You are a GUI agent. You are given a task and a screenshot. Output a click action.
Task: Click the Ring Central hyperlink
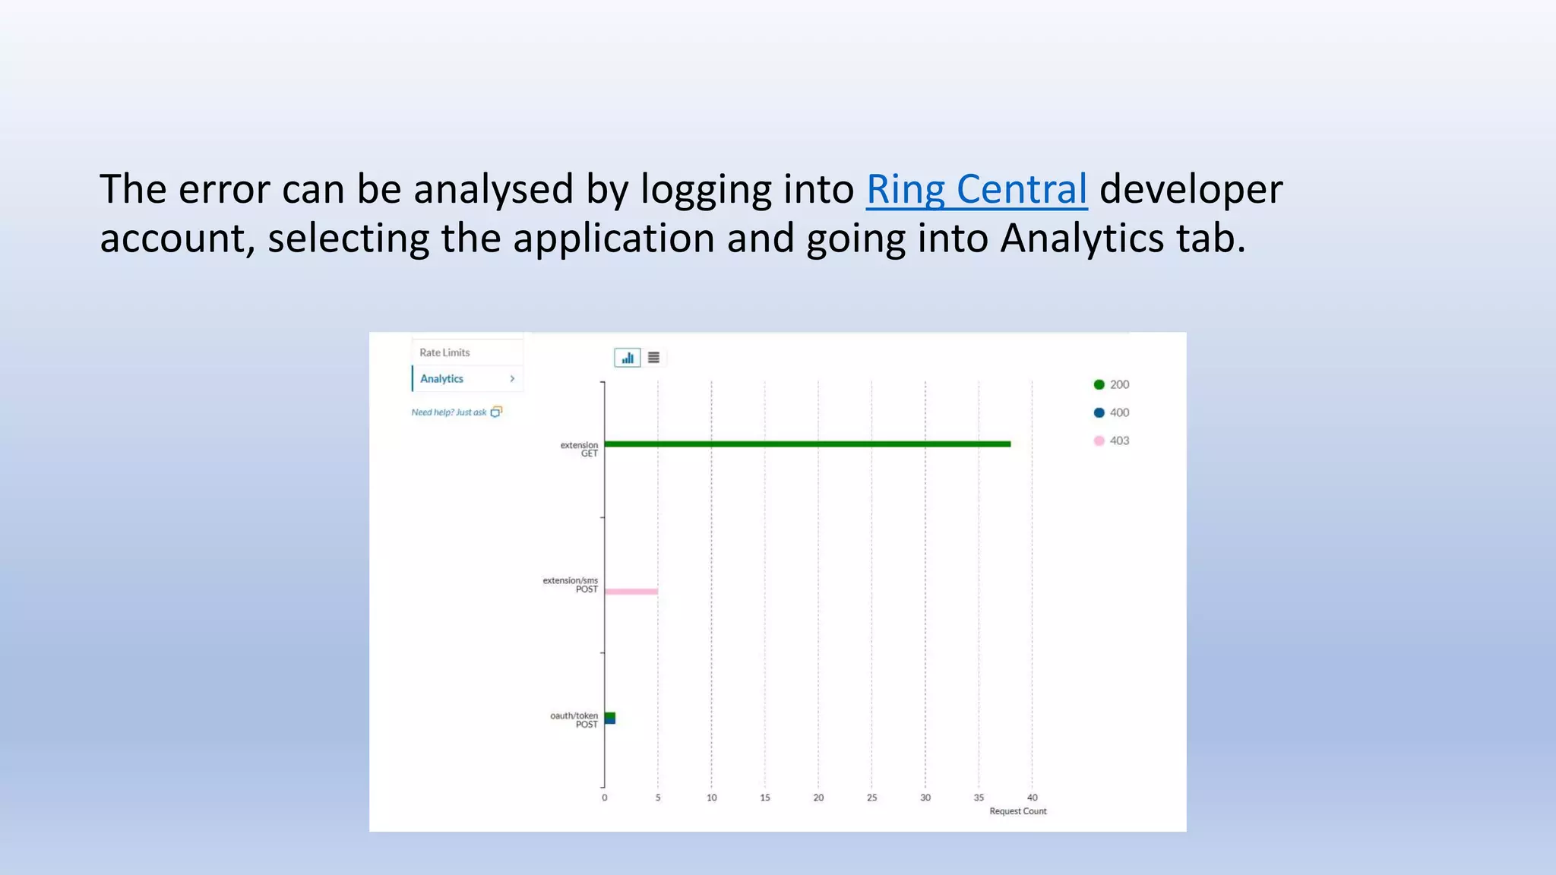click(976, 189)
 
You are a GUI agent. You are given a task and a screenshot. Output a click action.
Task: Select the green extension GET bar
click(807, 444)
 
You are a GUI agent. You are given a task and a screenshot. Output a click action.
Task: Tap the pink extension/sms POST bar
click(631, 591)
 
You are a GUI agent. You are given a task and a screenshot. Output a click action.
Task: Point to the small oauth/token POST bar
click(610, 718)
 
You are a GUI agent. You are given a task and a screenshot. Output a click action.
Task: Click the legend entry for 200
click(1112, 384)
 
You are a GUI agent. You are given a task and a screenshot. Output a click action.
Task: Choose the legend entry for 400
click(1112, 412)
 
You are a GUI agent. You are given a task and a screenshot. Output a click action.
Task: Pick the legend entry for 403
click(1112, 441)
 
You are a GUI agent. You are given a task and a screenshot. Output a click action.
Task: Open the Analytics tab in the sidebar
click(442, 378)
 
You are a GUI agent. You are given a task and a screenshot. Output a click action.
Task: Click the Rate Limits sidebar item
click(444, 352)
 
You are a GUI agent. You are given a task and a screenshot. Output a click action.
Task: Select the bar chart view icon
click(628, 358)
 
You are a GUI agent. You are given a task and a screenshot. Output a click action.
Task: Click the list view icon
click(653, 358)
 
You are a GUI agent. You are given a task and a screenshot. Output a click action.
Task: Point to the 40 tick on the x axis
click(1032, 798)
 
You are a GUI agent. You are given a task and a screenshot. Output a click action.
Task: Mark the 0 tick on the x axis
click(605, 798)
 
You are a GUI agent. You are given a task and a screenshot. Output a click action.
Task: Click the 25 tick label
click(871, 798)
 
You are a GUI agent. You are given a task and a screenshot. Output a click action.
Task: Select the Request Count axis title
click(1017, 811)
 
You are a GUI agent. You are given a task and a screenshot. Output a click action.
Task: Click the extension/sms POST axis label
click(571, 585)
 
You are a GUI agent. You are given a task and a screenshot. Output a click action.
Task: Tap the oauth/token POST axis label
click(574, 720)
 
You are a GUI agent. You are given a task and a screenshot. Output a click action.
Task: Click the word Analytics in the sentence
click(1082, 238)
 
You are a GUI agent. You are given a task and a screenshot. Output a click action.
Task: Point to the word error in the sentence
click(223, 189)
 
